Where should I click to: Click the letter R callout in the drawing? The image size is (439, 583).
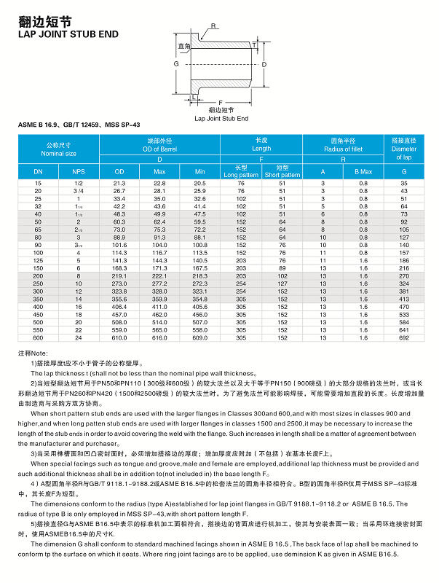tap(213, 26)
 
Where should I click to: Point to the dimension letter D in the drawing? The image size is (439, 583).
tap(264, 65)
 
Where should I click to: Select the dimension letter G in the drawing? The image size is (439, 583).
tap(176, 64)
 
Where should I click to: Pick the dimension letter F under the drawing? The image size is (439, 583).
tap(221, 103)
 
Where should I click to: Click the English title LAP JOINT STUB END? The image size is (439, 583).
tap(68, 34)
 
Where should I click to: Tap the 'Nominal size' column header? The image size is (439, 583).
tap(58, 154)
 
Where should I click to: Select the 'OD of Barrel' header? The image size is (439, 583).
tap(159, 149)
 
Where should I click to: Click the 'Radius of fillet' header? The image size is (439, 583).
tap(343, 149)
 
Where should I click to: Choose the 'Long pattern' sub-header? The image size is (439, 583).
tap(241, 175)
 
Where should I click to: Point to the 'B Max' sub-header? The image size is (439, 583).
tap(363, 171)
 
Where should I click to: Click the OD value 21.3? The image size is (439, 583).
tap(119, 182)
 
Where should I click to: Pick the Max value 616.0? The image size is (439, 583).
tap(159, 338)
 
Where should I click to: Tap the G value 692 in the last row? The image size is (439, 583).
tap(404, 338)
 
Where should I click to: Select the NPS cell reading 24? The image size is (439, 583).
tap(79, 338)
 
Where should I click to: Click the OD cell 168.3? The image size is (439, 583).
tap(119, 267)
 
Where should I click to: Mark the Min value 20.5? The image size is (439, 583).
tap(199, 182)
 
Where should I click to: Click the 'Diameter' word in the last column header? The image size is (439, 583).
tap(404, 148)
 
